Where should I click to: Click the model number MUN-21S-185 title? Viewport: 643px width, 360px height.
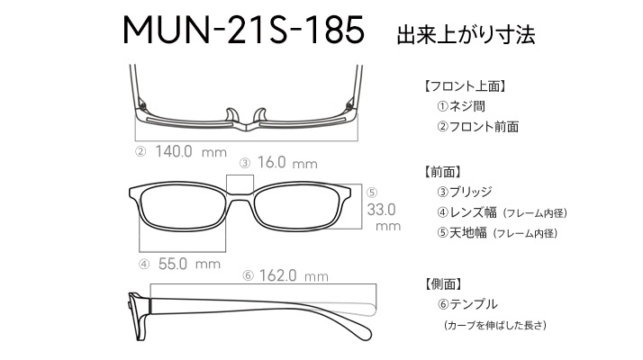click(243, 30)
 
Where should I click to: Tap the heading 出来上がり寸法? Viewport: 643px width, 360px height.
click(466, 34)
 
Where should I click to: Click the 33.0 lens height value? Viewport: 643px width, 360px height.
click(381, 210)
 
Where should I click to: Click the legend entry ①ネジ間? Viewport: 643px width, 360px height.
click(461, 106)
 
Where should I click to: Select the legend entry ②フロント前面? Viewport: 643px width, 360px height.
click(477, 127)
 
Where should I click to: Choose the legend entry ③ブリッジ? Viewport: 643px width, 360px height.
click(464, 192)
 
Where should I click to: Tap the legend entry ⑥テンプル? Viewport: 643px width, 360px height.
click(467, 304)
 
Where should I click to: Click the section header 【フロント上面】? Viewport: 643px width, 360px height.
click(464, 86)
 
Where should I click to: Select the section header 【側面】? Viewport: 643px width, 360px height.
click(443, 283)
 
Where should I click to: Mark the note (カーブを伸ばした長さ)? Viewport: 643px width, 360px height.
click(495, 325)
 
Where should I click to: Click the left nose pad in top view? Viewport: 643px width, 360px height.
click(231, 115)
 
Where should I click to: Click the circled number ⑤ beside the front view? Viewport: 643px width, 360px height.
click(372, 193)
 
